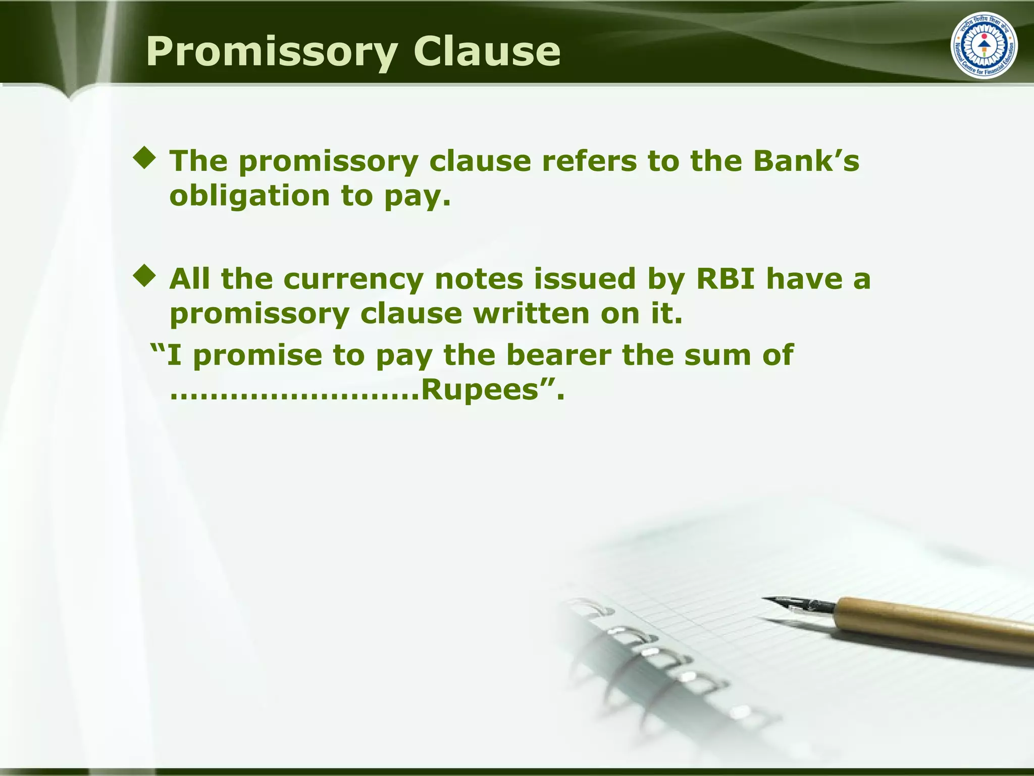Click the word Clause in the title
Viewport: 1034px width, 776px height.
487,52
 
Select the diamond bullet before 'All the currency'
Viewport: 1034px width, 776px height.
145,276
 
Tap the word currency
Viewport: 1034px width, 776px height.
353,279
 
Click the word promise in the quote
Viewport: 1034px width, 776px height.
257,355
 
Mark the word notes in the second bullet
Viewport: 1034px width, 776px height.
479,279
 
